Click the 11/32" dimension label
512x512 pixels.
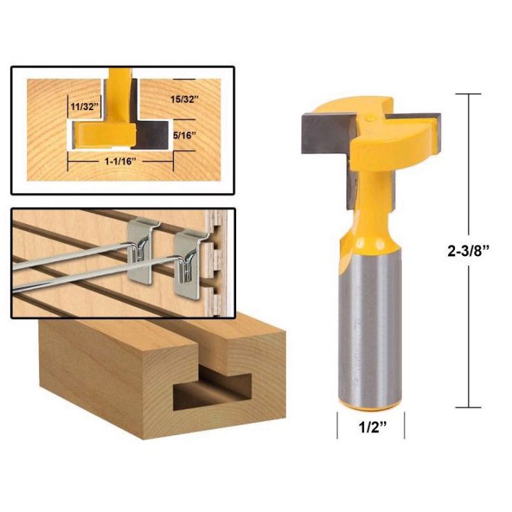tap(84, 107)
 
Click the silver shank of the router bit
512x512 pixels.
tap(370, 327)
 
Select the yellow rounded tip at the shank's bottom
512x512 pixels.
tap(370, 404)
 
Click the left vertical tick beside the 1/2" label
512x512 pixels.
tap(336, 427)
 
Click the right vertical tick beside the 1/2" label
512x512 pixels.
tap(403, 427)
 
